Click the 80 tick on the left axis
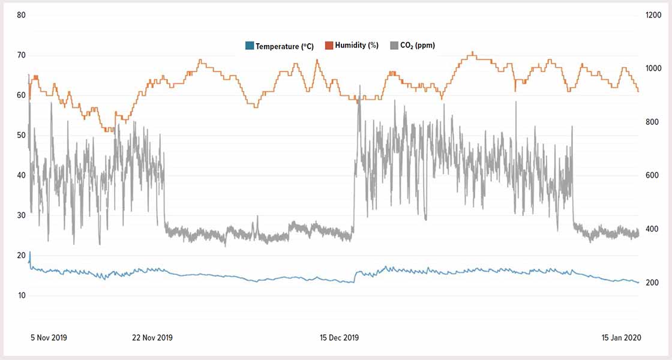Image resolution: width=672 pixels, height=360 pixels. tap(21, 15)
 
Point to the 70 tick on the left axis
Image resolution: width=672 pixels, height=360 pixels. tap(21, 55)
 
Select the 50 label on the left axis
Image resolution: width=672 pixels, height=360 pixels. tap(21, 135)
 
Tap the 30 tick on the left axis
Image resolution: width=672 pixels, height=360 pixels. tap(21, 215)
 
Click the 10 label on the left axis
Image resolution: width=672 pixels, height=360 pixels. tap(21, 295)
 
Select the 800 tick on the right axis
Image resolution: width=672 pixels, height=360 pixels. tap(652, 122)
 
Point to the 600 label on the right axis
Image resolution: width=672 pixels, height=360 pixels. tap(652, 175)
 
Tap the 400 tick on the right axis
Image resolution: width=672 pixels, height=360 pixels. tap(652, 229)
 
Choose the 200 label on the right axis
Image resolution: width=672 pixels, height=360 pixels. tap(652, 283)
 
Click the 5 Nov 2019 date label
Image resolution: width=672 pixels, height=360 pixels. tap(49, 338)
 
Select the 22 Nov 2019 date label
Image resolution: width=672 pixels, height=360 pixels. tap(152, 338)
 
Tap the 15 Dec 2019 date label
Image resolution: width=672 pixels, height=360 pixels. tap(339, 338)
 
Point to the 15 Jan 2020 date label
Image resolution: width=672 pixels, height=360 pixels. tap(622, 338)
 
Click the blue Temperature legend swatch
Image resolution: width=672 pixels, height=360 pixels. tap(250, 46)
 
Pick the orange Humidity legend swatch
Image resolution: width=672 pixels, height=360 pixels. tap(329, 46)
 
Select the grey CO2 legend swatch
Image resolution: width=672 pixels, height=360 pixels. tap(394, 46)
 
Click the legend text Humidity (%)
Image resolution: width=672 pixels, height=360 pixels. tap(356, 46)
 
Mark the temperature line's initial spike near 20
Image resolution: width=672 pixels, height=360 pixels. tap(29, 254)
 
